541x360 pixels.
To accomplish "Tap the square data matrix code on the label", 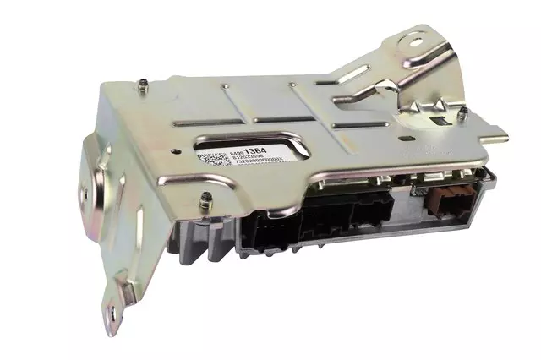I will coord(209,161).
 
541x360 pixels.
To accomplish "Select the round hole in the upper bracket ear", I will coord(416,40).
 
